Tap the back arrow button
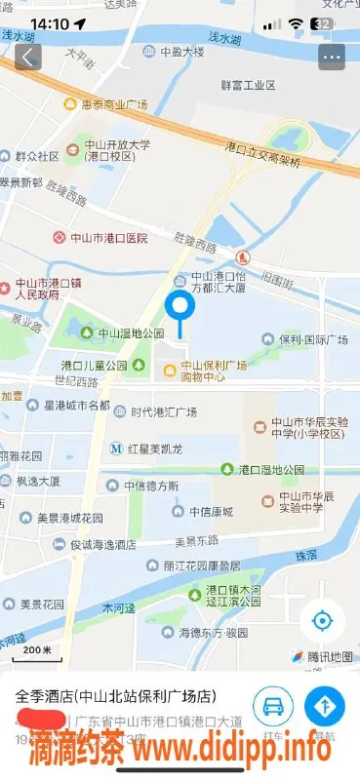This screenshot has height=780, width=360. (x=27, y=57)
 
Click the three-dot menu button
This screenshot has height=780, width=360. (x=332, y=57)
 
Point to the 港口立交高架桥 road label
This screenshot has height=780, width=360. (x=262, y=152)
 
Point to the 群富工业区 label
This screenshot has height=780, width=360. (x=249, y=85)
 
